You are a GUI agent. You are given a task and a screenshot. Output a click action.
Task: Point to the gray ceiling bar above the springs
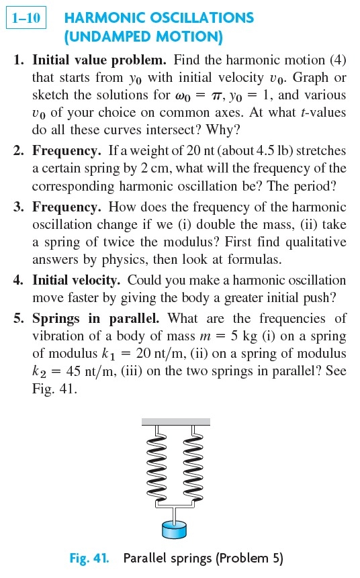point(175,422)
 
